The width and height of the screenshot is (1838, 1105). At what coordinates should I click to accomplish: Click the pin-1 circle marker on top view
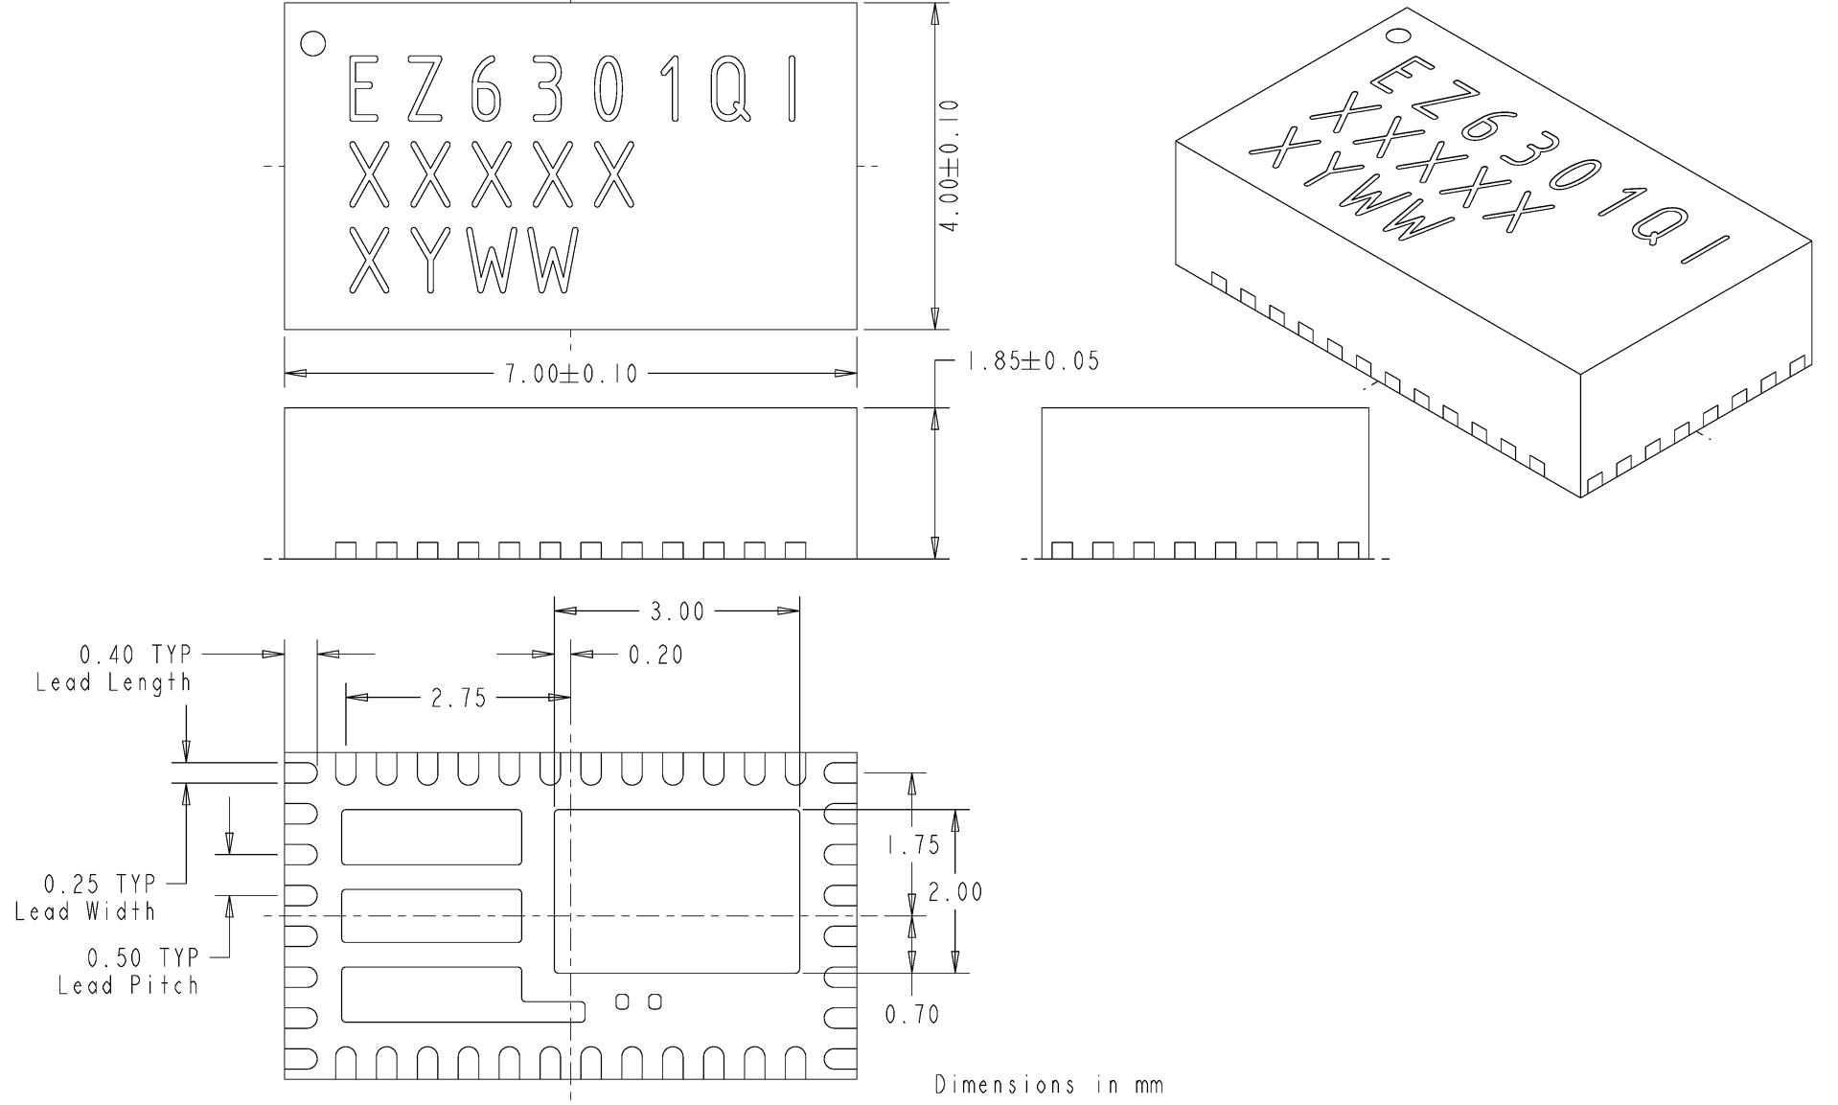click(x=312, y=43)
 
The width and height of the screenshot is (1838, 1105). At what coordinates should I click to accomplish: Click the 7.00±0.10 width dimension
click(x=571, y=374)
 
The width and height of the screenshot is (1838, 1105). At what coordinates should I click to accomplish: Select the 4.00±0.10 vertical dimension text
click(x=950, y=165)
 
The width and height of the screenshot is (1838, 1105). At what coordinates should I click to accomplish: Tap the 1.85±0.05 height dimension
click(x=1032, y=361)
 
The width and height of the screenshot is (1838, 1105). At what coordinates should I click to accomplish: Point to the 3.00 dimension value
click(x=677, y=611)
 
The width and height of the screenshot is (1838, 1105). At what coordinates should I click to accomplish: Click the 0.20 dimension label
click(x=655, y=655)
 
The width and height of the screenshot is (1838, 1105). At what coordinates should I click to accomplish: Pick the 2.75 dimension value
click(x=458, y=699)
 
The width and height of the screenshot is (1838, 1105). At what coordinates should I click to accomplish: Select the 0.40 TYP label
click(x=135, y=655)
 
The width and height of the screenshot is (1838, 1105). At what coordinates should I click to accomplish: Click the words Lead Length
click(x=113, y=682)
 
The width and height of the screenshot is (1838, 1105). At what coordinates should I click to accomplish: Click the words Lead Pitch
click(x=127, y=985)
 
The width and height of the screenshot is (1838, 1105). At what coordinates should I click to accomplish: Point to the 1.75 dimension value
click(x=912, y=845)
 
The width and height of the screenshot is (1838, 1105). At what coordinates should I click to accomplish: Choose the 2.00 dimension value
click(x=954, y=892)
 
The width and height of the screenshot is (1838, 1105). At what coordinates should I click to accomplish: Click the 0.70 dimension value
click(x=912, y=1014)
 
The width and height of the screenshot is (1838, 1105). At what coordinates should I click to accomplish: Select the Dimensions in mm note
click(x=1048, y=1085)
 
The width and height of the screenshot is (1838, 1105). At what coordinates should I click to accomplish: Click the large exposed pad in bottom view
click(x=677, y=890)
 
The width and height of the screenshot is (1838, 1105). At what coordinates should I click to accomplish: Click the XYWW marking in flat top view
click(x=463, y=261)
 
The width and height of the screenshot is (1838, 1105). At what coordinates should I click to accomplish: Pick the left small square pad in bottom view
click(x=622, y=1001)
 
